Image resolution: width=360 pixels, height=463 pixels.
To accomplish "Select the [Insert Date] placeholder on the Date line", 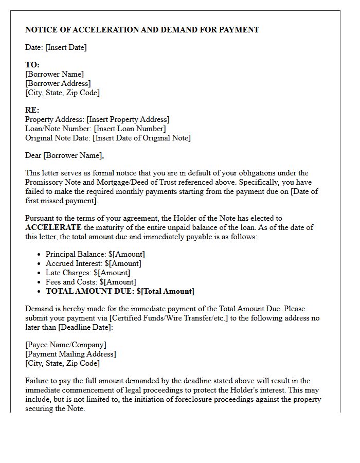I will [x=66, y=47].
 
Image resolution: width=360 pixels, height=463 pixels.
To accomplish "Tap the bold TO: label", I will [x=32, y=65].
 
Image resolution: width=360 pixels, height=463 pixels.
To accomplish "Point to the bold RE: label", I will [x=32, y=110].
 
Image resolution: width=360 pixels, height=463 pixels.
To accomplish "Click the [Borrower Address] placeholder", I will [x=58, y=83].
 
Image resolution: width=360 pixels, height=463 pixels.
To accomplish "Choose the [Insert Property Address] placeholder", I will [x=128, y=119].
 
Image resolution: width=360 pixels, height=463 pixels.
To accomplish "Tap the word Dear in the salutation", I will [x=33, y=155].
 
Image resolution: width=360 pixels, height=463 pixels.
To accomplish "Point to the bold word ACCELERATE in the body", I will [x=53, y=227].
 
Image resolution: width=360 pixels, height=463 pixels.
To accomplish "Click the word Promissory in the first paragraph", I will [x=44, y=182].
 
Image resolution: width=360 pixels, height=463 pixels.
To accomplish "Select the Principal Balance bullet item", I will [x=95, y=254].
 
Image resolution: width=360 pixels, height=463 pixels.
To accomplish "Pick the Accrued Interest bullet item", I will [x=93, y=263].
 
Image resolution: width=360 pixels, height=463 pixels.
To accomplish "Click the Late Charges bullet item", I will [x=87, y=273].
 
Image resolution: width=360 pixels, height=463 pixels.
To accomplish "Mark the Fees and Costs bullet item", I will [x=91, y=282].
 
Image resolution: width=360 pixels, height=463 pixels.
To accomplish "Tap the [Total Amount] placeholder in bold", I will [x=165, y=291].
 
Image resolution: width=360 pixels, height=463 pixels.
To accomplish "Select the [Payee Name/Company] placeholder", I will [x=66, y=345].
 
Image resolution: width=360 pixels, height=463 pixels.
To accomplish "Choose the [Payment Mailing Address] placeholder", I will [x=70, y=354].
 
